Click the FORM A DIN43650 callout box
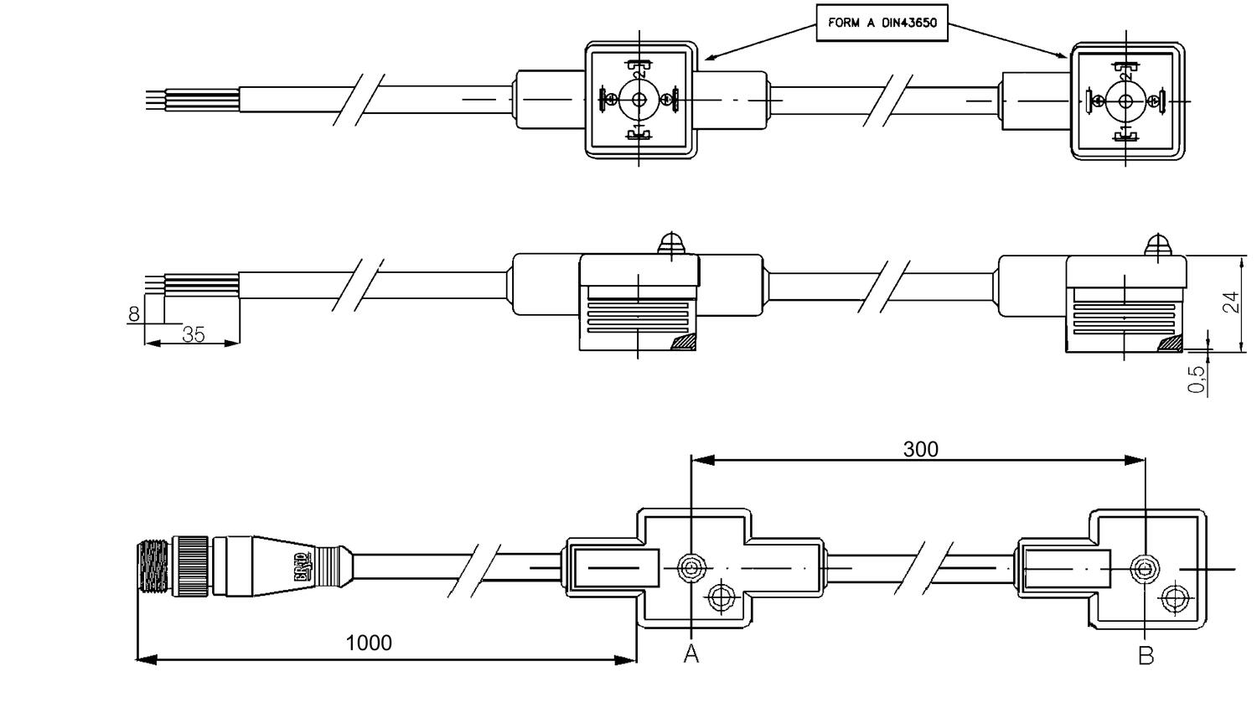(882, 23)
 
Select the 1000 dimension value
(369, 643)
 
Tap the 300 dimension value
(920, 449)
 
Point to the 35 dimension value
(194, 334)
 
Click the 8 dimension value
(134, 314)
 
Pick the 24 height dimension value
(1230, 302)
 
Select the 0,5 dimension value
(1198, 378)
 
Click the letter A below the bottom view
(691, 654)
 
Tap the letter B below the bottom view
(1146, 655)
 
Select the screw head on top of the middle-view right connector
(1157, 245)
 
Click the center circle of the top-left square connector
(639, 101)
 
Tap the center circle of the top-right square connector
(1125, 101)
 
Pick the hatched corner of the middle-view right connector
(1170, 344)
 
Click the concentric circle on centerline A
(691, 568)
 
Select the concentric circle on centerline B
(1145, 569)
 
